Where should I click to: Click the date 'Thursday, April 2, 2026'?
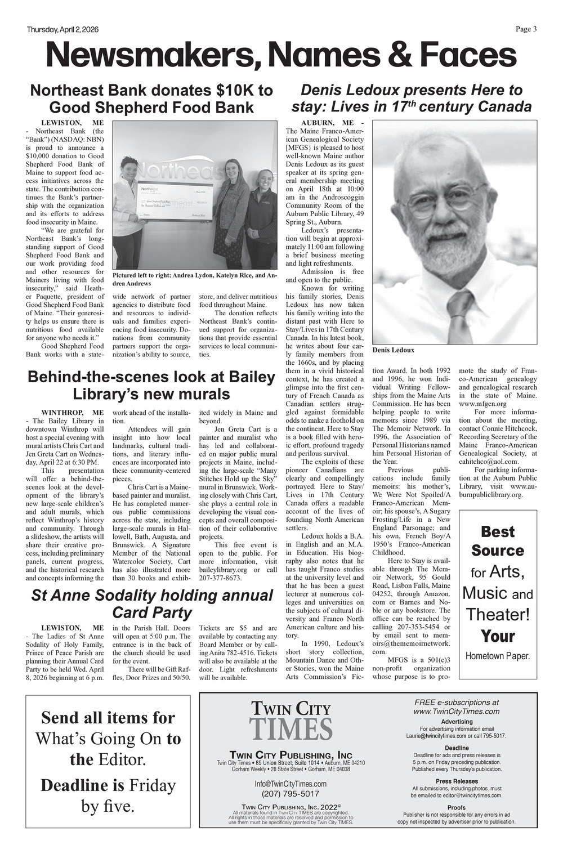coord(60,30)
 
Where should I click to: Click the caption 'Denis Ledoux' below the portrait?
coord(393,350)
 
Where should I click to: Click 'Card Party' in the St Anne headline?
coord(152,612)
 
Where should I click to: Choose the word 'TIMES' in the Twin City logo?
coord(291,728)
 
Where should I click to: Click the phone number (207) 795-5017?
coord(291,794)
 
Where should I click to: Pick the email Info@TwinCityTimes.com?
coord(291,784)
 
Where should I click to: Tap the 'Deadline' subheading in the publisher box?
coord(457,748)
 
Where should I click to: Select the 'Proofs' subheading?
coord(457,807)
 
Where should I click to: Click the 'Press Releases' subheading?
coord(457,781)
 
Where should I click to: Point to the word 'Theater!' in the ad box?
coord(498,614)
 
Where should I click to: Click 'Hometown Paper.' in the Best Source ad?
coord(498,656)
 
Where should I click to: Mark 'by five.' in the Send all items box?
coord(108,806)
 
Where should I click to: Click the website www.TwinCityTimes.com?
coord(457,711)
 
